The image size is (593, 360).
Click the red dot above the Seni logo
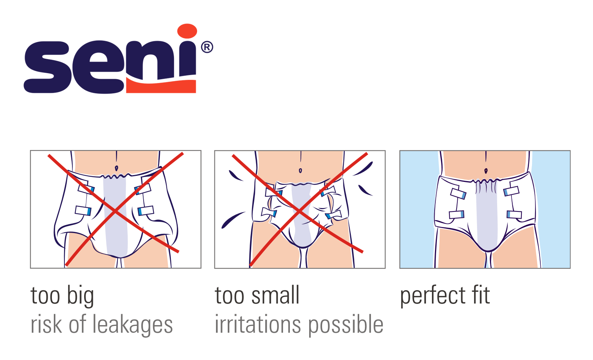coord(187,31)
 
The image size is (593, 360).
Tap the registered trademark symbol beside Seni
coord(207,47)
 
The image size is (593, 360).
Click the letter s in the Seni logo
coord(48,67)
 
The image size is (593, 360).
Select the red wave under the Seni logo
coord(161,85)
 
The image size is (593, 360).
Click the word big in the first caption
coord(80,296)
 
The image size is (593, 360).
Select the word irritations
coord(258,324)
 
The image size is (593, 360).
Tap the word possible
coord(346,325)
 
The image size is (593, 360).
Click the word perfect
coord(433,296)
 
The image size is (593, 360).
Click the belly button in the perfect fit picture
coord(486,171)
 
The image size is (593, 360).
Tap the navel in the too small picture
coord(300,171)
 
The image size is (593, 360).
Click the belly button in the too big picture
coord(116,168)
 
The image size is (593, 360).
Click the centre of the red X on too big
coord(115,211)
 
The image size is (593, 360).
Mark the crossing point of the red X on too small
coord(299,211)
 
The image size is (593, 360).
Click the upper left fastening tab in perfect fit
coord(458,194)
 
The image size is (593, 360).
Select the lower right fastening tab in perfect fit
coord(514,214)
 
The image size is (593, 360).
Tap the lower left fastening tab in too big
coord(83,211)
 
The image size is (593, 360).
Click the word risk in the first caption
coord(46,324)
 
